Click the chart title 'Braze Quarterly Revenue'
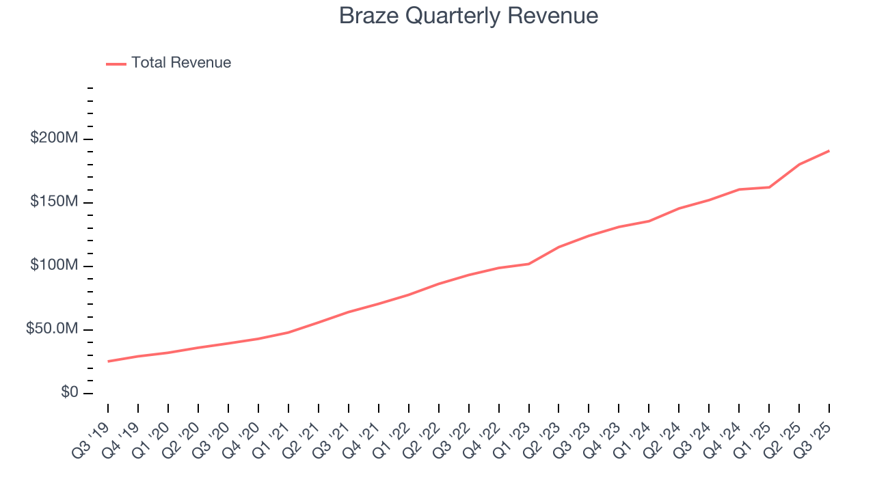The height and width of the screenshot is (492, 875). click(x=468, y=16)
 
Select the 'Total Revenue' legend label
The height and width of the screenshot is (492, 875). click(x=181, y=63)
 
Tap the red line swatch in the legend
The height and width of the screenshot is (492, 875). click(x=116, y=64)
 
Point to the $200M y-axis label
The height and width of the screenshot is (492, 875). click(x=54, y=139)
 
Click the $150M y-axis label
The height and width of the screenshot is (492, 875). click(x=54, y=202)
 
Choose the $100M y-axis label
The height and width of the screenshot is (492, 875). click(x=54, y=266)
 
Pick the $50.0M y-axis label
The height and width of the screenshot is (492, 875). click(x=52, y=329)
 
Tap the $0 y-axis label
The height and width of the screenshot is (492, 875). click(x=69, y=393)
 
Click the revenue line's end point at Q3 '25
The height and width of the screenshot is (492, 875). click(x=829, y=150)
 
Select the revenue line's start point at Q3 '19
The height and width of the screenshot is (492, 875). click(x=108, y=361)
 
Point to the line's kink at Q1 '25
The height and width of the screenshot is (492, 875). click(x=769, y=187)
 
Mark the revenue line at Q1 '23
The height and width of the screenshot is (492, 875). click(x=528, y=264)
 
